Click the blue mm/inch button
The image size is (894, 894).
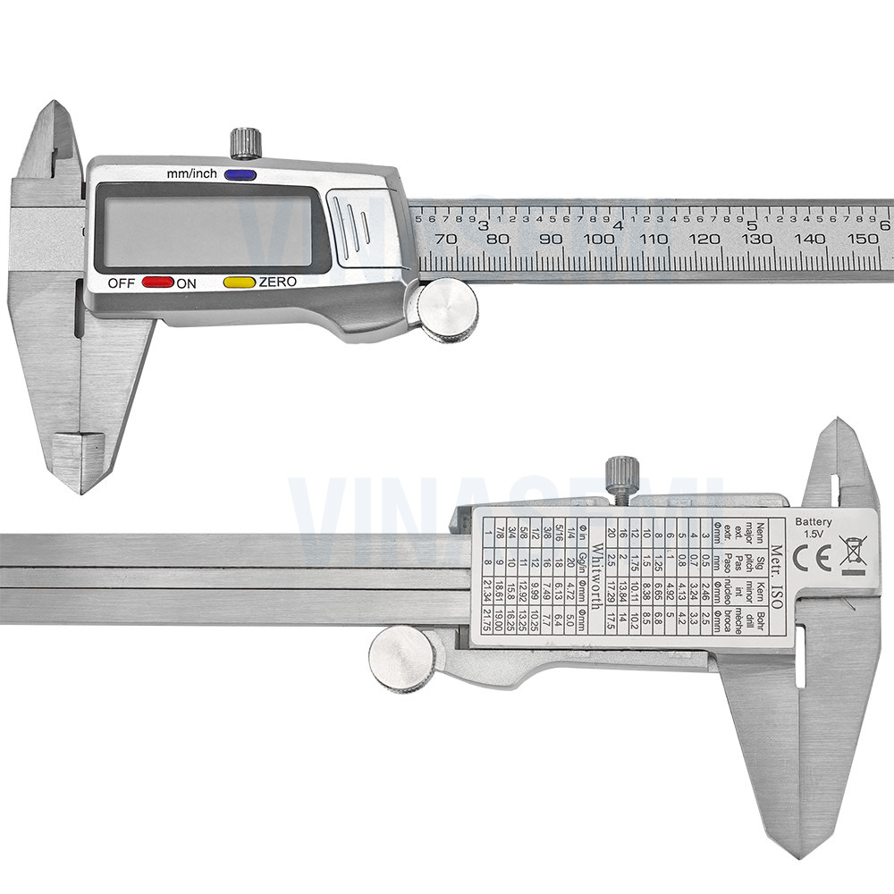pyautogui.click(x=240, y=175)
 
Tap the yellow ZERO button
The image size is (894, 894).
pyautogui.click(x=239, y=282)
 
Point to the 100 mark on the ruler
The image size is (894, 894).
pyautogui.click(x=598, y=240)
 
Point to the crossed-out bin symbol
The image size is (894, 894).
pyautogui.click(x=852, y=555)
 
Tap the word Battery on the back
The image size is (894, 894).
pyautogui.click(x=814, y=522)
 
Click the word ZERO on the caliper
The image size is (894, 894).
pyautogui.click(x=277, y=283)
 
